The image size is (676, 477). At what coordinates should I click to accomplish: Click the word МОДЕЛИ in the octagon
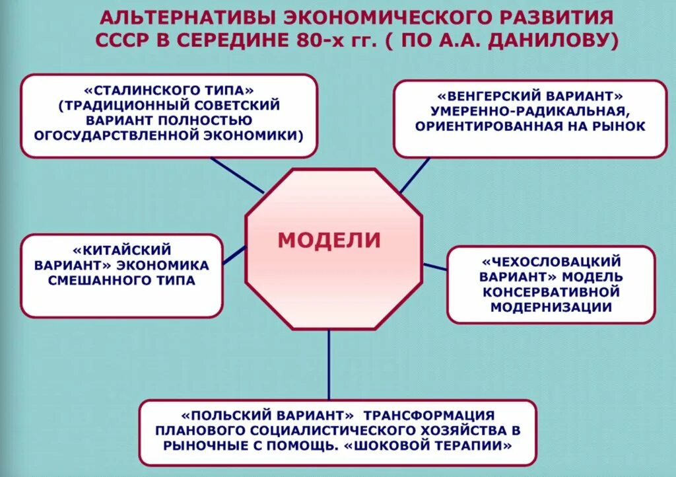[329, 240]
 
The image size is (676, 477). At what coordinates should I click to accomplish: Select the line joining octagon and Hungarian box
[414, 175]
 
